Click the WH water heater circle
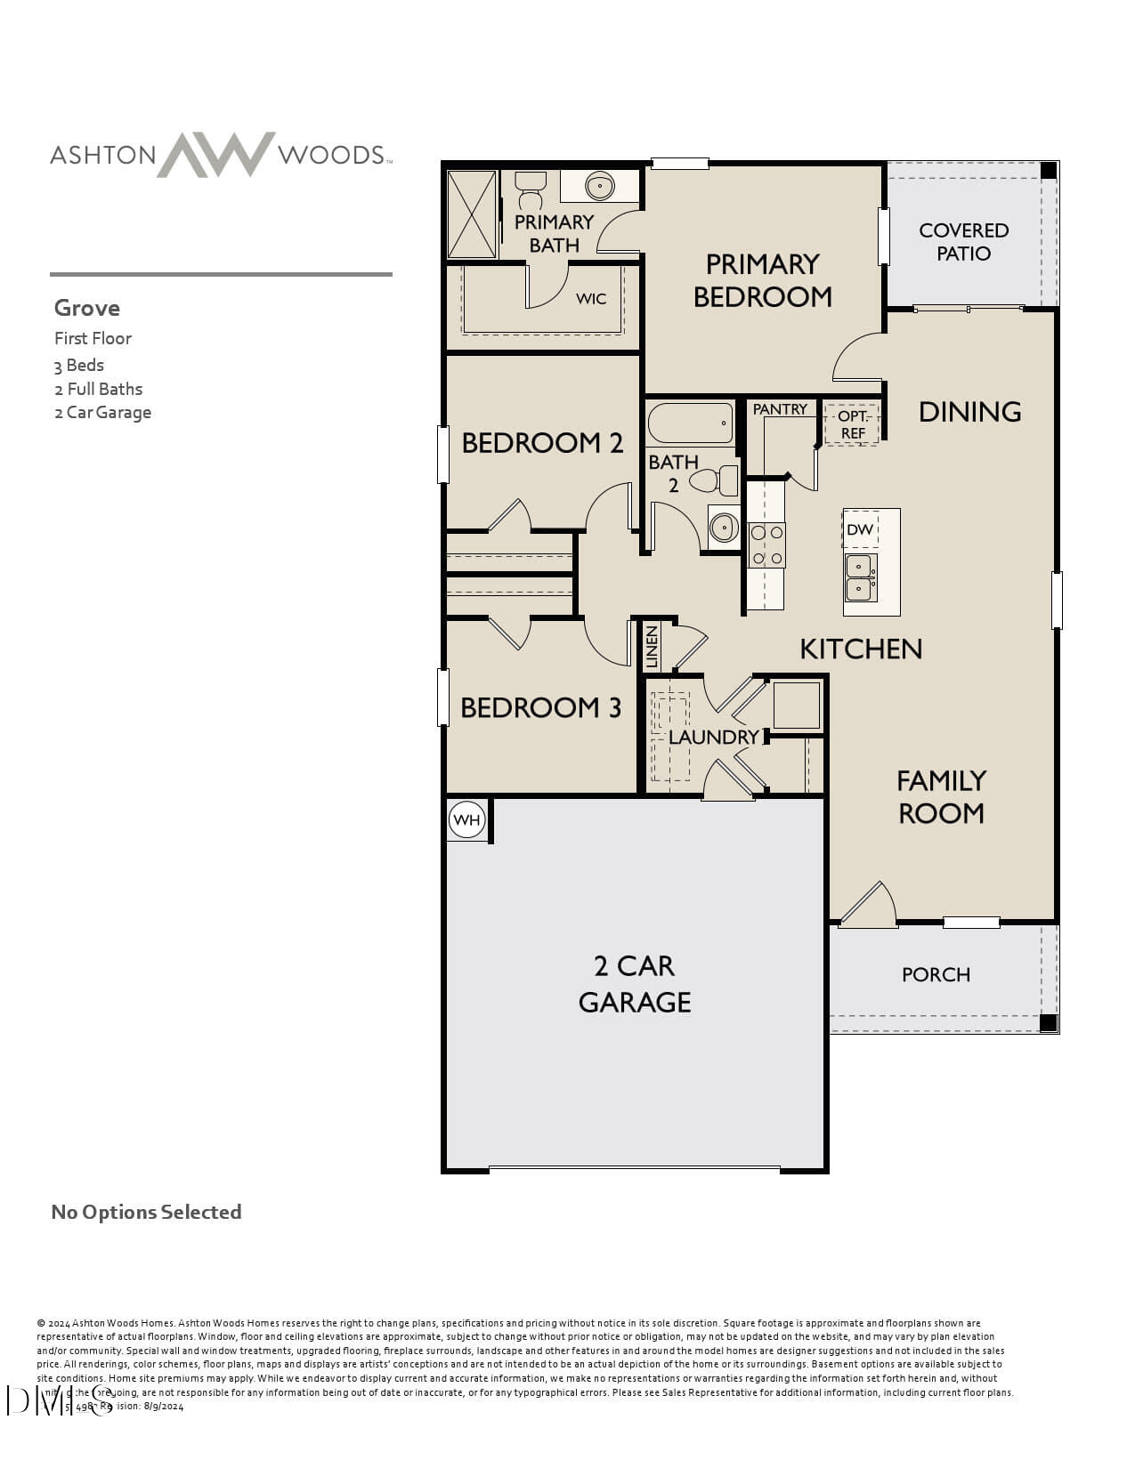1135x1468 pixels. pos(466,820)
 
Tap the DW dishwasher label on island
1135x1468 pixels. pos(860,530)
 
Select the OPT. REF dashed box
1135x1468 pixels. pos(852,424)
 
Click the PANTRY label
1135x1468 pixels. pos(780,409)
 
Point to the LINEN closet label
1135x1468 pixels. pos(652,647)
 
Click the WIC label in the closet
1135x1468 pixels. pos(591,299)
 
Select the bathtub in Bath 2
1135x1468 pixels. pos(691,423)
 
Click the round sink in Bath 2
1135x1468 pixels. pos(724,527)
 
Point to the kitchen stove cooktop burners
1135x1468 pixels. pos(766,544)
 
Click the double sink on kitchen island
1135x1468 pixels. pos(860,577)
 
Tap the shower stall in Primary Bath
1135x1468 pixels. pos(472,214)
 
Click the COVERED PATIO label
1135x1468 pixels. pos(963,242)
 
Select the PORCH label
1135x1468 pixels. pos(936,975)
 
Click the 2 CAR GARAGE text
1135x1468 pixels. pos(635,984)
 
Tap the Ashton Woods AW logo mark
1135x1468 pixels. pos(216,155)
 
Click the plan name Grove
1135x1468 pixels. pos(87,309)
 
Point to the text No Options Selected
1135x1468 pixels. pos(146,1213)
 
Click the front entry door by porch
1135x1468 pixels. pos(869,906)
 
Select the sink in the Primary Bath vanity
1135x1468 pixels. pos(600,187)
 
